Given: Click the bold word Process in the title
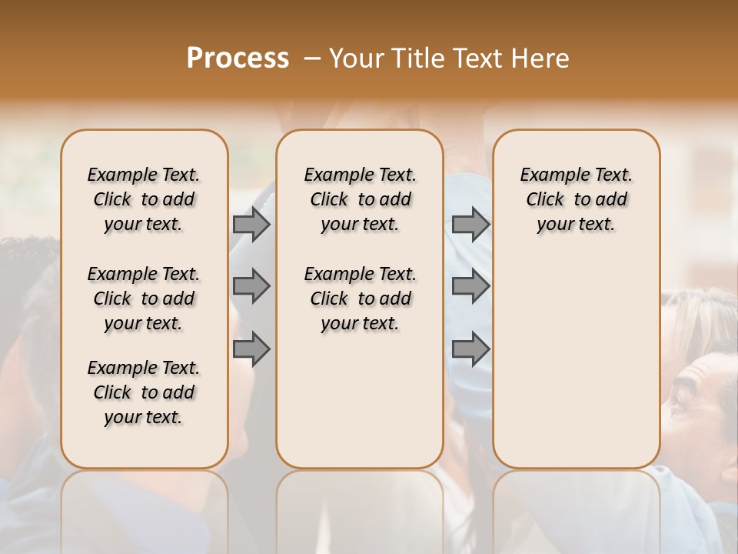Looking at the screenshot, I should click(x=238, y=58).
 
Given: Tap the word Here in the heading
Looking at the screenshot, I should click(x=543, y=58).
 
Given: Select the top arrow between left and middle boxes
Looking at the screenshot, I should click(x=251, y=224).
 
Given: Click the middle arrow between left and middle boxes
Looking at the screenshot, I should click(x=251, y=286).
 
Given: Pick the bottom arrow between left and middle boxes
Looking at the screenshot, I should click(x=251, y=349).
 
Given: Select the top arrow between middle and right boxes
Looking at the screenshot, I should click(x=470, y=224).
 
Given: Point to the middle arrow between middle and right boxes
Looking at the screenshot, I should click(x=470, y=286).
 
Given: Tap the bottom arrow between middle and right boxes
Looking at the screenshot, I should click(x=470, y=349).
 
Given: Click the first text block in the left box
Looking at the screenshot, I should click(x=144, y=199).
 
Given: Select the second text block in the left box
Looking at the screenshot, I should click(x=144, y=299).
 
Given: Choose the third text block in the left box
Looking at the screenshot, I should click(x=144, y=392).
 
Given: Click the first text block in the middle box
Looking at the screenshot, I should click(x=360, y=199).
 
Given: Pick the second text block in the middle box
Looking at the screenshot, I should click(x=360, y=299).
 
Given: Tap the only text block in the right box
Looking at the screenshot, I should click(x=576, y=199).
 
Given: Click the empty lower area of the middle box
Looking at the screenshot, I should click(x=360, y=400).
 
